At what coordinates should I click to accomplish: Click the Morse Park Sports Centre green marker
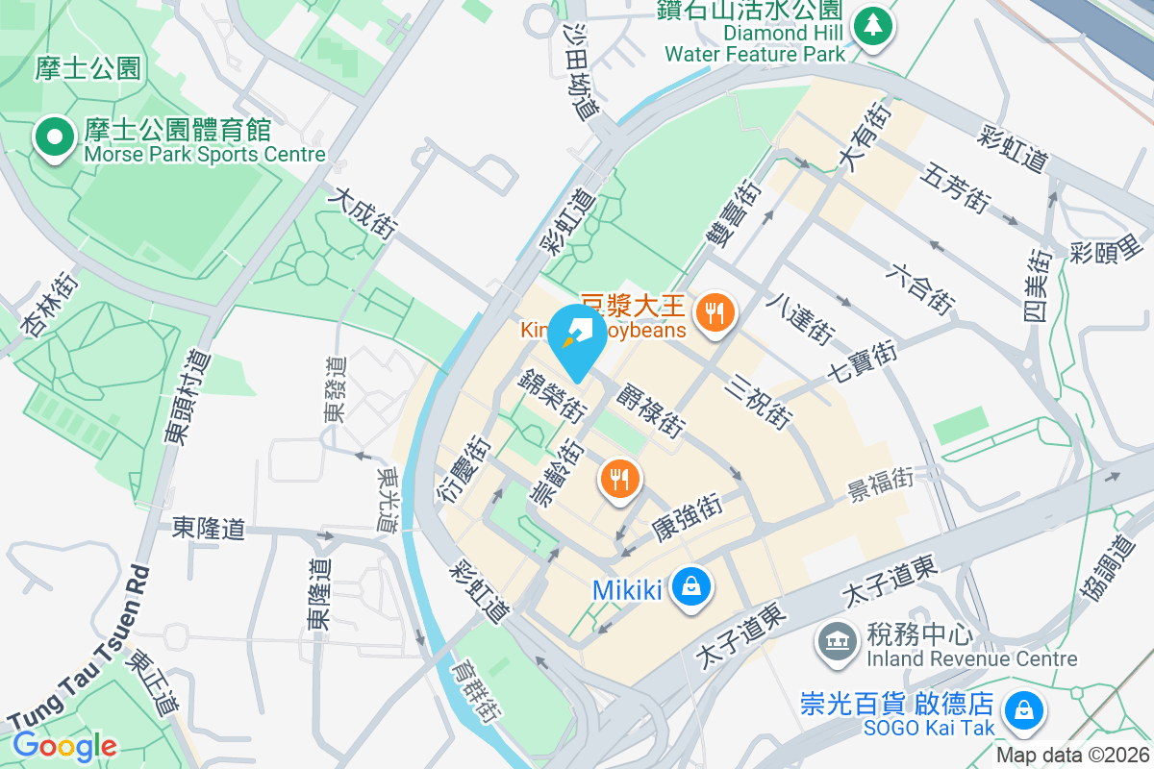click(55, 137)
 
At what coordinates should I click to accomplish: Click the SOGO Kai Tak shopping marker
click(1018, 713)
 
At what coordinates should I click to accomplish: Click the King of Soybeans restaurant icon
click(715, 313)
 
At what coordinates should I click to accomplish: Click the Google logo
click(64, 745)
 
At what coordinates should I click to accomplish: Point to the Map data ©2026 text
click(1071, 755)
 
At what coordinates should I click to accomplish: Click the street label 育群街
click(475, 691)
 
